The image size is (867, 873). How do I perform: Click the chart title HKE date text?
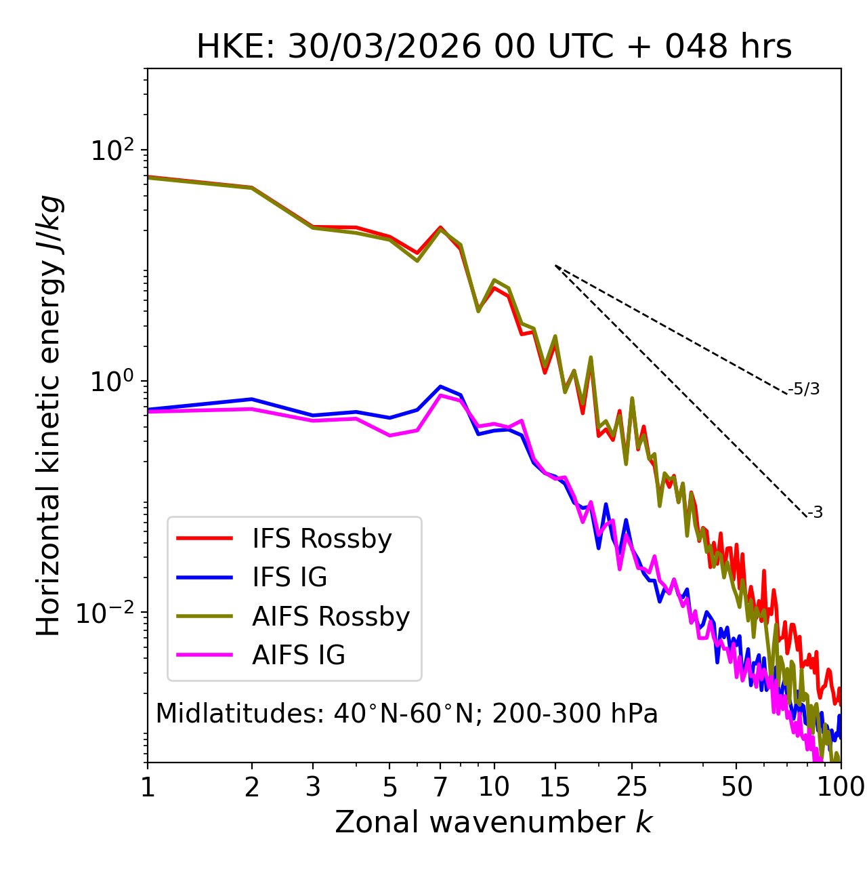click(x=494, y=47)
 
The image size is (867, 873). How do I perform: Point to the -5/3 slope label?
click(x=804, y=389)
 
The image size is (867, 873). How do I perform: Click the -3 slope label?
click(x=816, y=513)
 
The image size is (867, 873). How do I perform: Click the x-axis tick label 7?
click(x=440, y=787)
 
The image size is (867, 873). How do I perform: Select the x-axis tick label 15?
click(x=555, y=787)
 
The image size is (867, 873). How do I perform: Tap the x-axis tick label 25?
click(x=632, y=787)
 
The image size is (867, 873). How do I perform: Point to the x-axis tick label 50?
click(x=736, y=787)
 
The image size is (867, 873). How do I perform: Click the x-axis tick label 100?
click(x=841, y=787)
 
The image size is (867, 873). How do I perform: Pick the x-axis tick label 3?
click(x=313, y=787)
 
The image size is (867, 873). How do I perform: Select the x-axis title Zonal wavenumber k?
click(x=493, y=822)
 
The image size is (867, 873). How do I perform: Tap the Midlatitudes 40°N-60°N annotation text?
click(x=406, y=714)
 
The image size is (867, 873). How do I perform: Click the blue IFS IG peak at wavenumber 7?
click(x=440, y=386)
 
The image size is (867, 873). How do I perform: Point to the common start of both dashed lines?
click(x=555, y=265)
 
